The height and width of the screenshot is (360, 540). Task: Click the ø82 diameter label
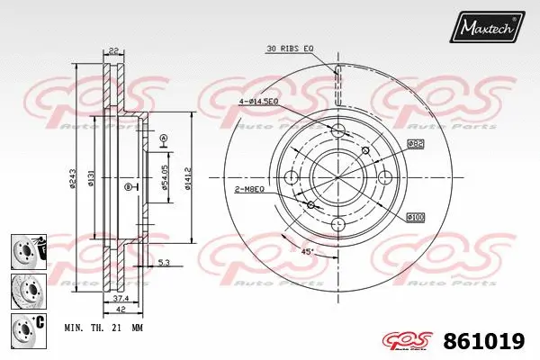click(x=415, y=143)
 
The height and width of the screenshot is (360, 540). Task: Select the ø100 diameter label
click(x=415, y=217)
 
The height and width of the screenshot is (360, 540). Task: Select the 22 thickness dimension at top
click(x=113, y=50)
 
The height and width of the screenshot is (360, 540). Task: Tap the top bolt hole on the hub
click(x=338, y=132)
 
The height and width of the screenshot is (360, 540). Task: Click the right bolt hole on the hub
click(x=384, y=177)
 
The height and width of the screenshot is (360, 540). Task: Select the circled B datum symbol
click(x=127, y=186)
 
